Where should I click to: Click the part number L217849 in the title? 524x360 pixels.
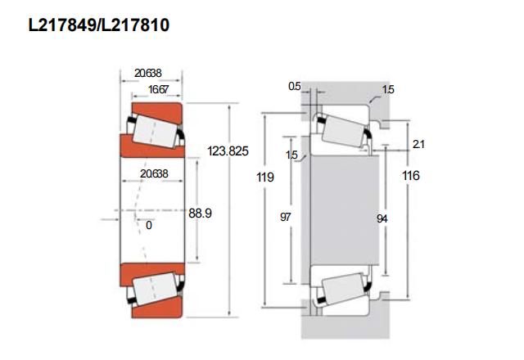[62, 25]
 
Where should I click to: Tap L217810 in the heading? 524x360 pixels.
[135, 25]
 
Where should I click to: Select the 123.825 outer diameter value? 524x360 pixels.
[228, 151]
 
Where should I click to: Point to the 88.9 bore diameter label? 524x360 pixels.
[200, 213]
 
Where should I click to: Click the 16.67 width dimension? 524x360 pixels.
[159, 89]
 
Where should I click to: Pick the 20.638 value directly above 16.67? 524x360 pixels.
[147, 73]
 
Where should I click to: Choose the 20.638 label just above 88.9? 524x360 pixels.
[154, 173]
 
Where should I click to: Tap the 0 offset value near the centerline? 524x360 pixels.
[149, 226]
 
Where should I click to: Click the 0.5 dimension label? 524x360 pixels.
[295, 87]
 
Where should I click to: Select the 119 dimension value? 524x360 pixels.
[265, 177]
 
